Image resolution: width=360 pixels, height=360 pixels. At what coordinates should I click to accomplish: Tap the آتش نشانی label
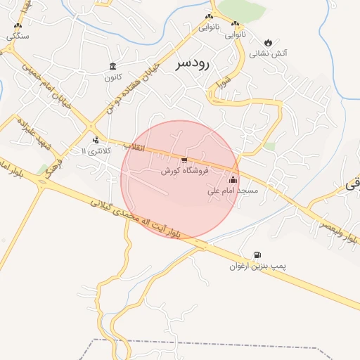(268, 53)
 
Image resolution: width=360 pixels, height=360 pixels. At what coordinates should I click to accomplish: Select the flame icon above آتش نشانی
(268, 41)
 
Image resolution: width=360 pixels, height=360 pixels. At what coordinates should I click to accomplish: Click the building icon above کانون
(112, 66)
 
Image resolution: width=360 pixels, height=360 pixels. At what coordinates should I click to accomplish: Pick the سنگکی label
(18, 35)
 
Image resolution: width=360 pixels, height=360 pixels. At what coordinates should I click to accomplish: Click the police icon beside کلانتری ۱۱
(96, 139)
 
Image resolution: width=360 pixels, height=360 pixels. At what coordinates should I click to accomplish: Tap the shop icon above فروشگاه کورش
(184, 161)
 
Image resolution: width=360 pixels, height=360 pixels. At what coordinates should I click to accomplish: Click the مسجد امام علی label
(233, 191)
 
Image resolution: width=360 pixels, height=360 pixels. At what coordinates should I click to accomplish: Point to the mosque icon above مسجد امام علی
(233, 180)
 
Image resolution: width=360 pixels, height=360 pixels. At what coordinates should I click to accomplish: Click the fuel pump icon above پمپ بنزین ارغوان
(257, 255)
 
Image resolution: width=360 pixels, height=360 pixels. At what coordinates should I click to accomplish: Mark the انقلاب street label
(135, 147)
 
